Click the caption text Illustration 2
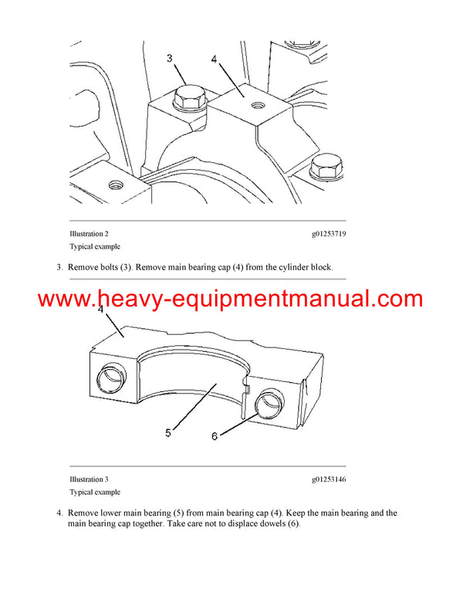tap(90, 233)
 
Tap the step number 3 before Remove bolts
tap(59, 267)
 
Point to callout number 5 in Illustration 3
tap(169, 433)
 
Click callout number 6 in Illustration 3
tap(215, 436)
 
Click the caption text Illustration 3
tap(90, 479)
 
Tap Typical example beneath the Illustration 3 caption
tap(95, 492)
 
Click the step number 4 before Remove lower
tap(59, 513)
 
